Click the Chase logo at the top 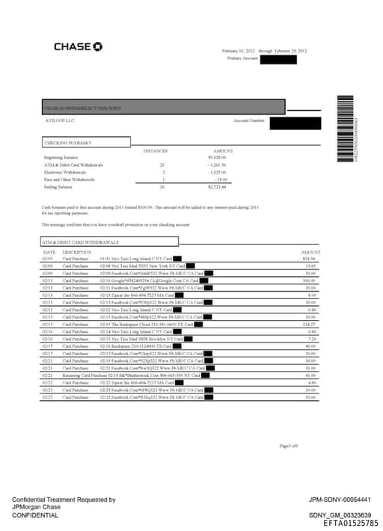[x=78, y=46]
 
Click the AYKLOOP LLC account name [x=58, y=120]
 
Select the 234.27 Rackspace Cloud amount [x=312, y=325]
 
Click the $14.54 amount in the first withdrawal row [x=312, y=259]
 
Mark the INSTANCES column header [x=156, y=150]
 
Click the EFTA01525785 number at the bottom [x=351, y=524]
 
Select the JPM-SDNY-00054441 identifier [x=340, y=500]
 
